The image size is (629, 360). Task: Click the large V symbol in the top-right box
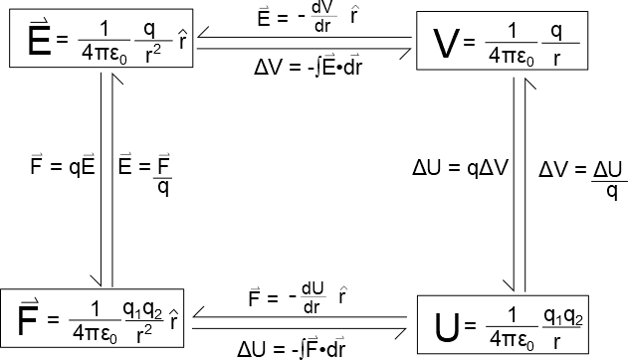coord(446,44)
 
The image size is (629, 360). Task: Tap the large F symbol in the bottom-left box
coord(28,318)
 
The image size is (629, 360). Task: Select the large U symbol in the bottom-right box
coord(447,327)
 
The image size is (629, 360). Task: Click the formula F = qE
coord(63,164)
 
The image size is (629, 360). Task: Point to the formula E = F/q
coord(145,174)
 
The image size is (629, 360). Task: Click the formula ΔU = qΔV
coord(461,168)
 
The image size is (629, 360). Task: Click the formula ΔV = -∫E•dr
coord(309,67)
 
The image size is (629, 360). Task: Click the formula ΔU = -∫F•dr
coord(291,348)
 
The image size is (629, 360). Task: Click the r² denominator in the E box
coord(153,54)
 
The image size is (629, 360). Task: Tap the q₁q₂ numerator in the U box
coord(562,316)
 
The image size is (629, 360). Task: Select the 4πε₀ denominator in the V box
coord(512,57)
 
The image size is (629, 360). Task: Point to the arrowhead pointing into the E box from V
coord(202,33)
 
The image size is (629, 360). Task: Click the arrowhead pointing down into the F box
coord(97,280)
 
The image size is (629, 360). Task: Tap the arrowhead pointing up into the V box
coord(530,84)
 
